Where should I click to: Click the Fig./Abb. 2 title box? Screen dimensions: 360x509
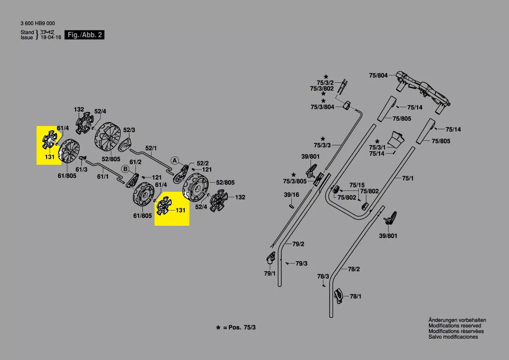85,35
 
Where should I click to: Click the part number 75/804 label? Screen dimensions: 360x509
378,75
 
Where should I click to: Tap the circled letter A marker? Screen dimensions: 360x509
174,160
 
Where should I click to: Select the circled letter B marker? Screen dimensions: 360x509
125,169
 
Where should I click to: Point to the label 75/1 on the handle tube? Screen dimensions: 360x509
408,178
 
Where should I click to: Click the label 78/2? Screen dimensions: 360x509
354,269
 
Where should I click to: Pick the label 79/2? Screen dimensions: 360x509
298,244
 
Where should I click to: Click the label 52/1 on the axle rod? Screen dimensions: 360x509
151,148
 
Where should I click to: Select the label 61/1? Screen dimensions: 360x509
103,177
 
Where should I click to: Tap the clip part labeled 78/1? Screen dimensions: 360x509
339,295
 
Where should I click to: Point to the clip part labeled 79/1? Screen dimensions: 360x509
270,258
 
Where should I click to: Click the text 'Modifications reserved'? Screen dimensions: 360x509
455,326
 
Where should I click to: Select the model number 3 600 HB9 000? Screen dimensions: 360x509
37,23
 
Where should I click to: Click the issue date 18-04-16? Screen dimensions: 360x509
51,37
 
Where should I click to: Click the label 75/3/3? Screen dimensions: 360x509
322,145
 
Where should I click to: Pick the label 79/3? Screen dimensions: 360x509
301,264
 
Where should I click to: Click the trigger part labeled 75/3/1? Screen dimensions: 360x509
397,139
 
